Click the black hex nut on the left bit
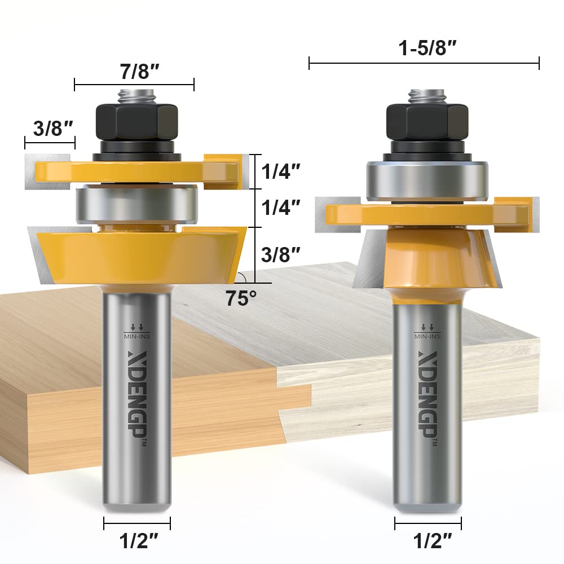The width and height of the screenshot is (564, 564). coord(137,120)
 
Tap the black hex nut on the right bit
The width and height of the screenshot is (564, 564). coord(426,120)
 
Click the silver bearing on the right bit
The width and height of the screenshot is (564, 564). coord(426,180)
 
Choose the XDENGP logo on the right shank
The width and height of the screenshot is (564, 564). coord(427,389)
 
